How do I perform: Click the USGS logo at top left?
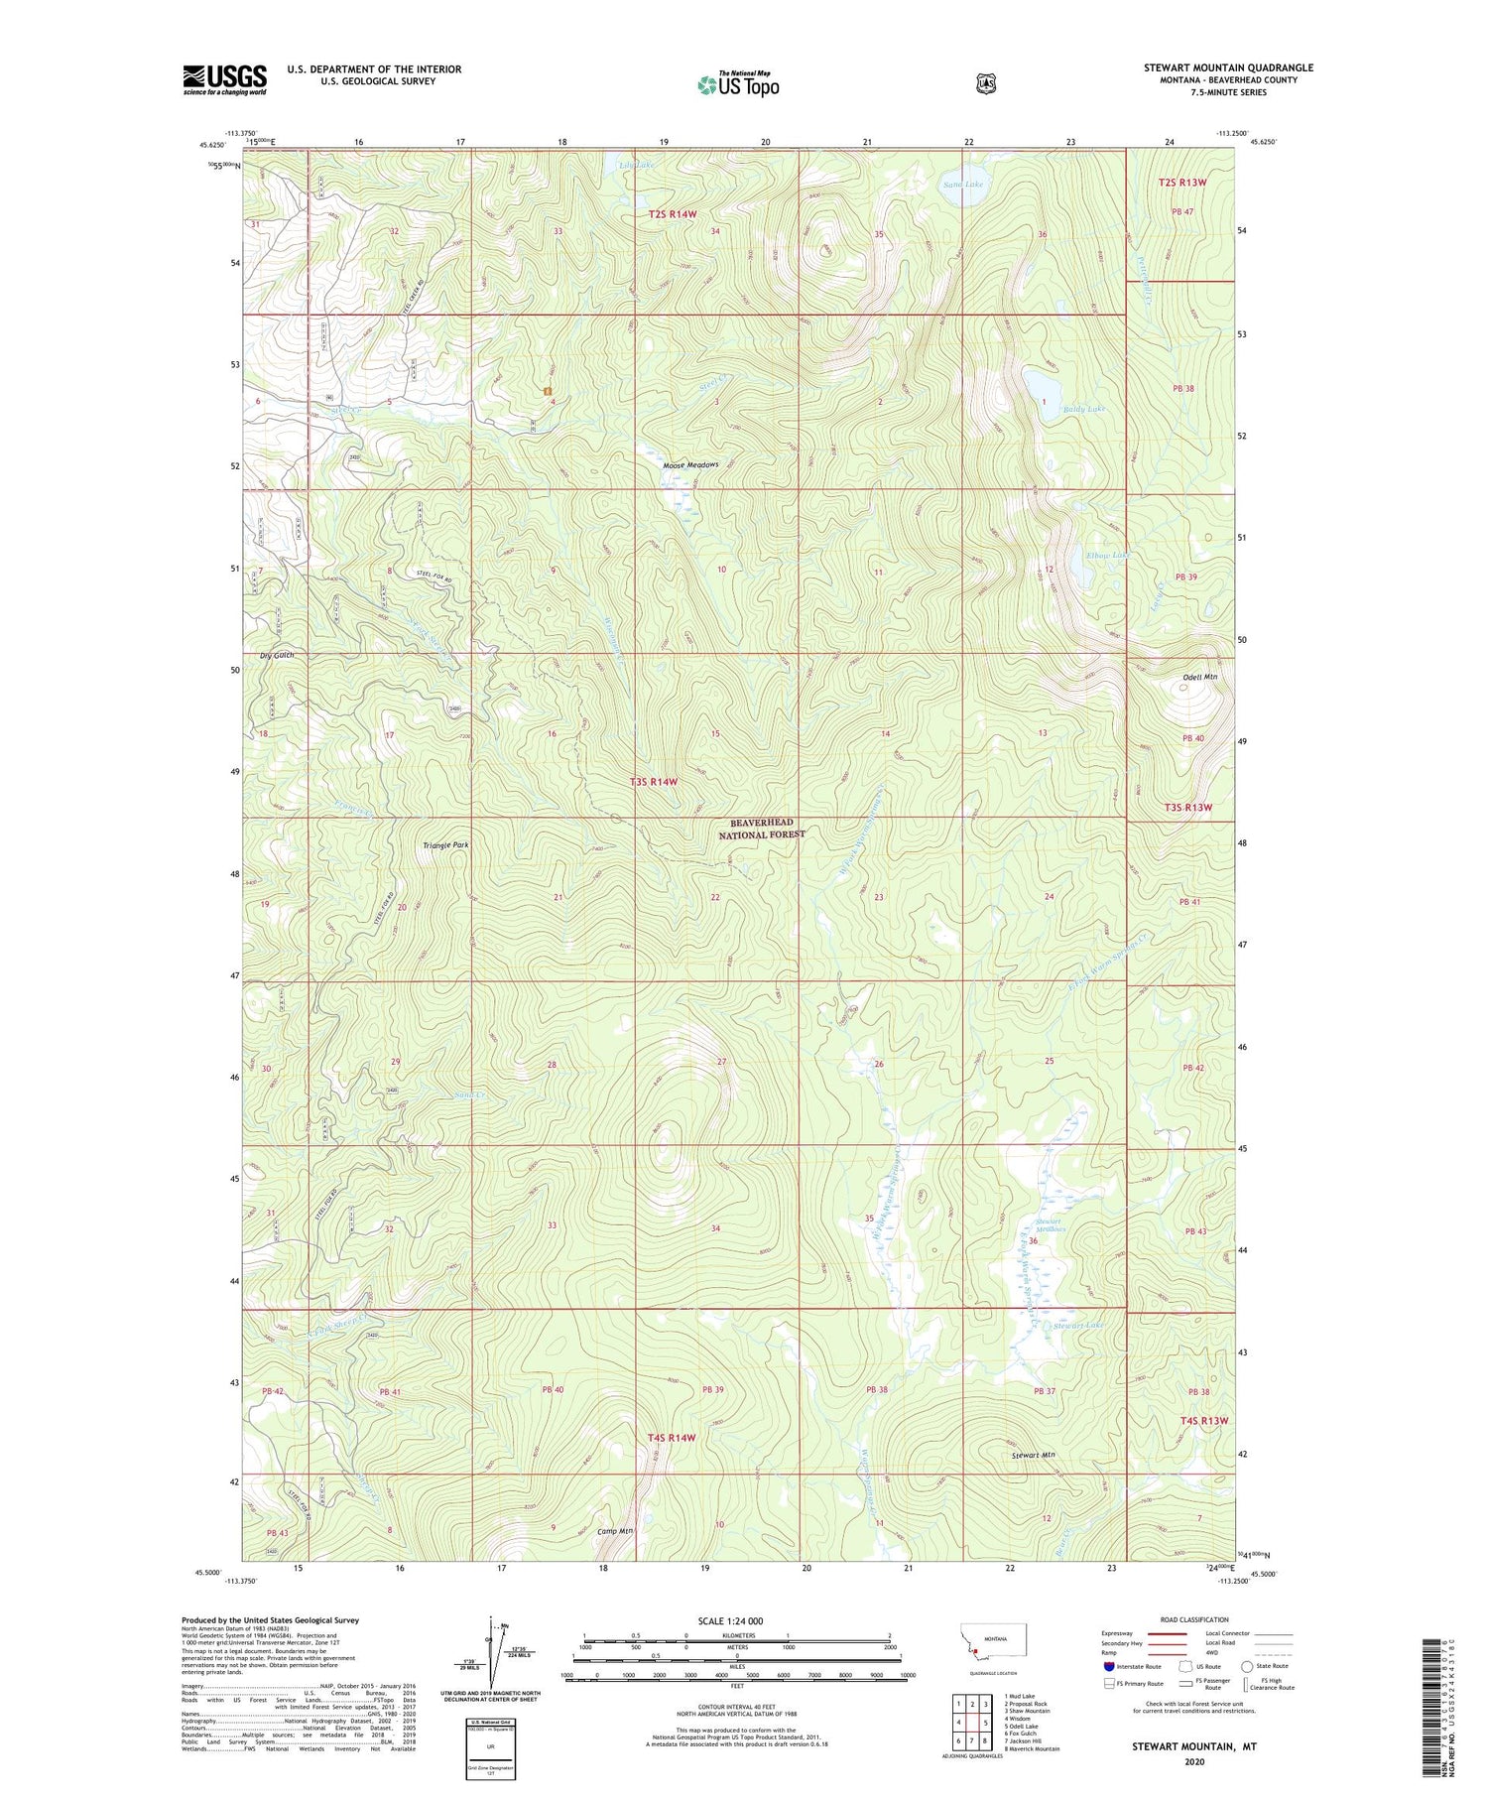pos(224,79)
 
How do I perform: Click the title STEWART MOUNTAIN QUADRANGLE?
pos(1228,67)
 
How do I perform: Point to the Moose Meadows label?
pos(690,465)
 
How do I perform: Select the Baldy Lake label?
pos(1083,409)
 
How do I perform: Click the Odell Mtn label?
pos(1199,677)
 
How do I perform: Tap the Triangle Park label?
pos(445,845)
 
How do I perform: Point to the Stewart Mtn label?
pos(1033,1455)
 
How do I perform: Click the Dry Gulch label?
pos(277,656)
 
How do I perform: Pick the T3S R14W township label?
pos(654,782)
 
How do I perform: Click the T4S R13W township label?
pos(1204,1421)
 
